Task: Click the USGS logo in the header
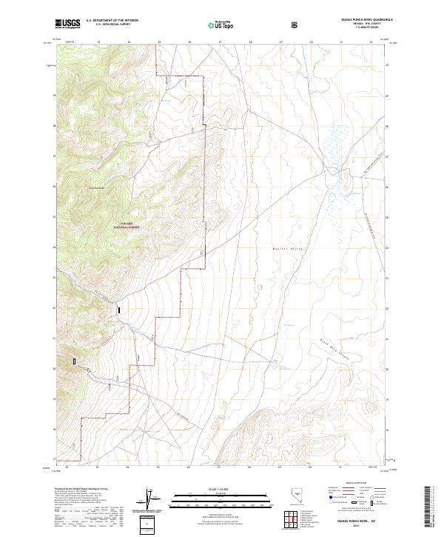67,24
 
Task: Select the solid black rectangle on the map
118,312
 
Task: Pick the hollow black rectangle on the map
74,361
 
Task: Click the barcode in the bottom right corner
429,504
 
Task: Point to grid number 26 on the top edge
189,41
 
